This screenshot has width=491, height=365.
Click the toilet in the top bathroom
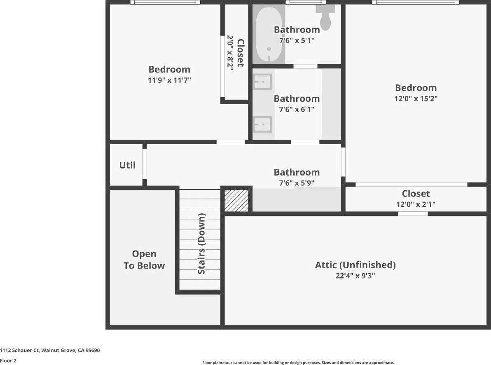(x=325, y=17)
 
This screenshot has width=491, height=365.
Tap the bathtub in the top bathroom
(x=269, y=35)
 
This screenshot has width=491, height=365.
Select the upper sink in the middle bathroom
(x=262, y=82)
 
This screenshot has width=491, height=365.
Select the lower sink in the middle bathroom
(x=262, y=124)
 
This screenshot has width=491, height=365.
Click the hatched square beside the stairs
(x=237, y=201)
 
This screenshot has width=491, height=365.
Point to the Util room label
(x=127, y=165)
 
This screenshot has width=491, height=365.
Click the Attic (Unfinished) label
(x=355, y=265)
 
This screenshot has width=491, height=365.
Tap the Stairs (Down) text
(x=201, y=244)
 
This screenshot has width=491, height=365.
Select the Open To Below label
(x=144, y=260)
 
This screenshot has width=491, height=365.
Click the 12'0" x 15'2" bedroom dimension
(x=416, y=98)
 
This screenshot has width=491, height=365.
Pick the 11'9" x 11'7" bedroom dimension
(x=169, y=80)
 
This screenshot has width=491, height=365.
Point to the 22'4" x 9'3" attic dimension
(x=355, y=276)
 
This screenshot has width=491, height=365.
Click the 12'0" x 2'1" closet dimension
(x=416, y=204)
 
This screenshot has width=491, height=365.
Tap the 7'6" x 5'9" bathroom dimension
(x=297, y=183)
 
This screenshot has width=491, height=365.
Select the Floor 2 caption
(x=8, y=360)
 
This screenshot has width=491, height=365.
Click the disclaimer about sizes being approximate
(x=298, y=363)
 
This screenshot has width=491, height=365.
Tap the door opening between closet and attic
(x=413, y=214)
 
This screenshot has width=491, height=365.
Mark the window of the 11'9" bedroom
(x=165, y=2)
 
